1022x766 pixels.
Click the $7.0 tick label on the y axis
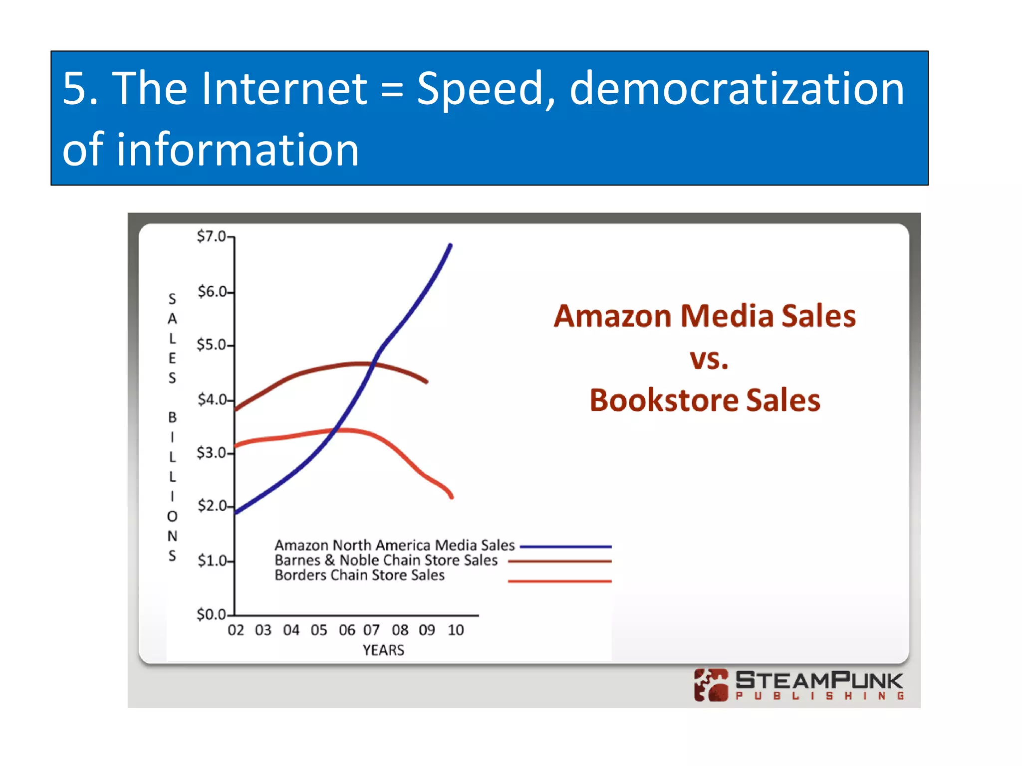[x=212, y=236]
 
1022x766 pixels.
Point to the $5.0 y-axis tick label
[x=212, y=345]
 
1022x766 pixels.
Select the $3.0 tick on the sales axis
[x=212, y=453]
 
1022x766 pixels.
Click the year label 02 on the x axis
[x=236, y=630]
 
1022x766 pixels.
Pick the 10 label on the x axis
[x=456, y=630]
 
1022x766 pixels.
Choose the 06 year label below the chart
[x=347, y=630]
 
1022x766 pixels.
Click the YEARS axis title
[x=383, y=650]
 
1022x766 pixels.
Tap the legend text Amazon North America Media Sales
[x=394, y=545]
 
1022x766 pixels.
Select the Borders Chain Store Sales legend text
[x=359, y=575]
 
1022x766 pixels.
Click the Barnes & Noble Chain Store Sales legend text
[x=386, y=560]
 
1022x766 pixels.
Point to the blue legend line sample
[x=565, y=547]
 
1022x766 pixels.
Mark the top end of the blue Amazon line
[x=451, y=245]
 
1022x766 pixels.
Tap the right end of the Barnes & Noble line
[x=427, y=382]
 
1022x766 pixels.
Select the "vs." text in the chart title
[x=709, y=359]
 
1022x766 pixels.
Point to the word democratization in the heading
[x=737, y=88]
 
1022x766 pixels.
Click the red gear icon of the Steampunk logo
[x=711, y=685]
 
